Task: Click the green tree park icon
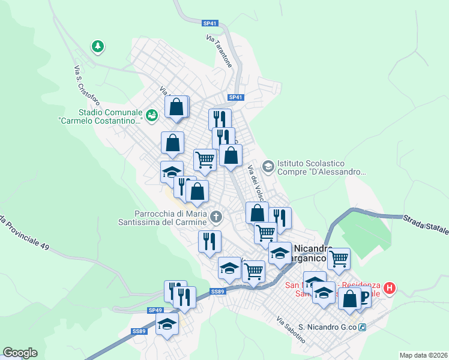tap(97, 46)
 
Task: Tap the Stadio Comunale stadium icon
tap(151, 113)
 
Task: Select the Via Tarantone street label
tap(219, 50)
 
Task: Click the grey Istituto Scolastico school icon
tap(268, 165)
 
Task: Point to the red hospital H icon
tap(390, 289)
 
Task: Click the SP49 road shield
tap(155, 310)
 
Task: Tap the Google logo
tap(20, 352)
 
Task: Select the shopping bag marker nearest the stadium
tap(177, 107)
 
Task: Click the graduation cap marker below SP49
tap(167, 325)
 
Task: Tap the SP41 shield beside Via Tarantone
tap(209, 23)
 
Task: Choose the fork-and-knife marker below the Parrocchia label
tap(209, 242)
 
